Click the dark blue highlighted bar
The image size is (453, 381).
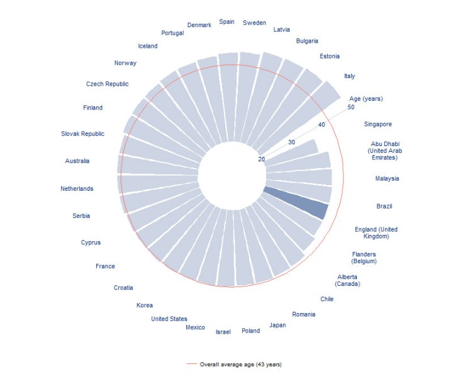pos(296,203)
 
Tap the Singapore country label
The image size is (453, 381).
pos(377,124)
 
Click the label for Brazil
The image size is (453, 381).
pos(384,206)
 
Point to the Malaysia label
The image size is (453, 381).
pos(387,178)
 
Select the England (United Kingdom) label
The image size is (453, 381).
pos(376,232)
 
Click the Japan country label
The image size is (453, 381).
pos(277,325)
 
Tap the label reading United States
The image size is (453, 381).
pos(169,319)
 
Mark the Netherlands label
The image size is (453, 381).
pos(77,188)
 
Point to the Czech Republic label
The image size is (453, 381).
pos(107,84)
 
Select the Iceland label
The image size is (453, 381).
pos(148,45)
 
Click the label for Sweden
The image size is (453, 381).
pos(254,23)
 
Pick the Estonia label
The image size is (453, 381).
pos(330,56)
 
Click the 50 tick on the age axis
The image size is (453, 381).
pos(350,107)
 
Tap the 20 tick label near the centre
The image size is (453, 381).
pos(261,159)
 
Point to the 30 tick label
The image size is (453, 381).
pos(291,142)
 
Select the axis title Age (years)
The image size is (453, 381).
pos(366,98)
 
